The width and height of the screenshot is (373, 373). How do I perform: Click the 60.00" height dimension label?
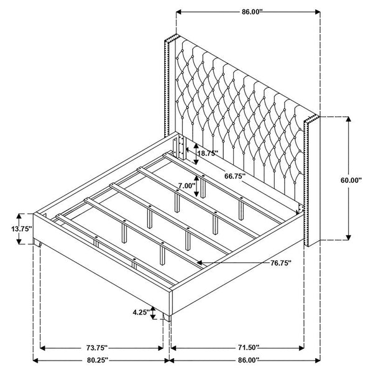(351, 180)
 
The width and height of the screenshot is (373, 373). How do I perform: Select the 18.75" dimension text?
(208, 153)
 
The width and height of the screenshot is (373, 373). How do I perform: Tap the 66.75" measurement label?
(235, 176)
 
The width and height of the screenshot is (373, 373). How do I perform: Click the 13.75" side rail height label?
(21, 229)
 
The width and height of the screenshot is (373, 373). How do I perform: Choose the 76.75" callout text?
(281, 263)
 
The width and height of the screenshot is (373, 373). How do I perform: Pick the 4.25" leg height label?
(141, 312)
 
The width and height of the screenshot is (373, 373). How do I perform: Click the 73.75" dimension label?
(98, 348)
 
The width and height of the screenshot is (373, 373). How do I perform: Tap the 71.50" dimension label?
(248, 348)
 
